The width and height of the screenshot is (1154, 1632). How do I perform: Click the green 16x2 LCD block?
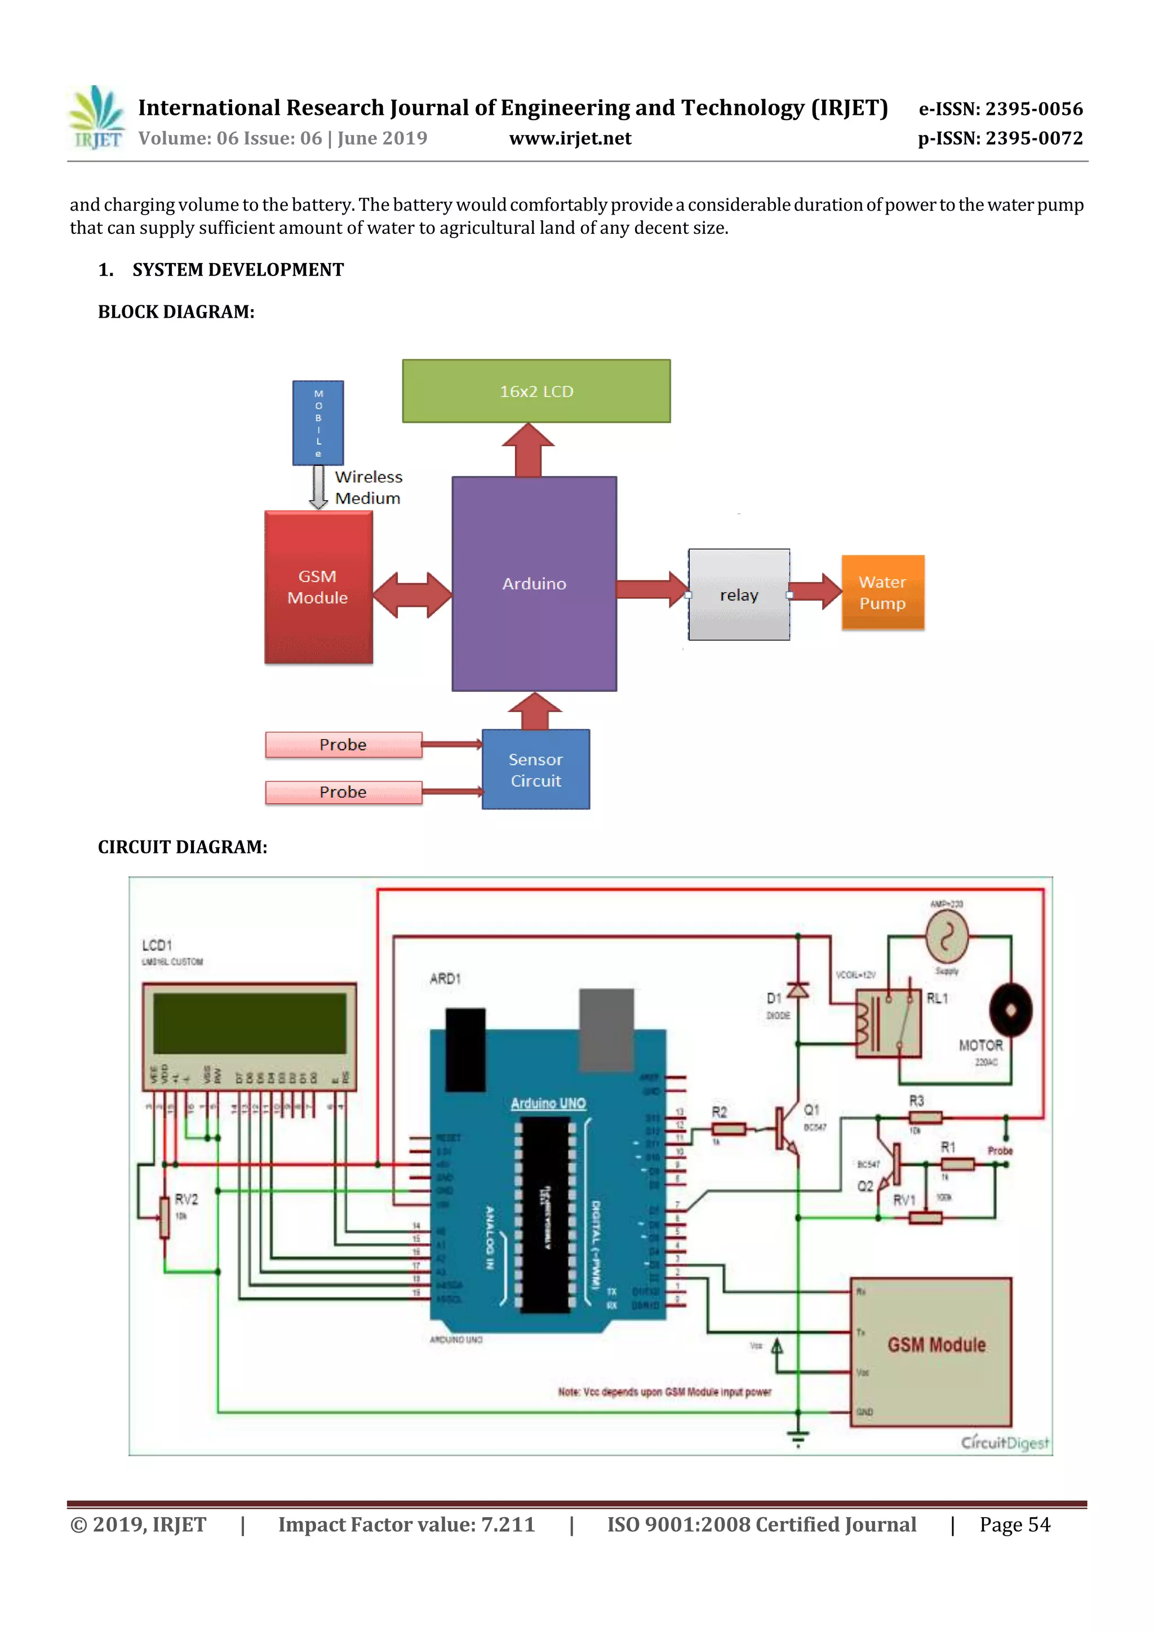[536, 391]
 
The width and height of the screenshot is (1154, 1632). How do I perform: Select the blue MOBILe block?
[318, 423]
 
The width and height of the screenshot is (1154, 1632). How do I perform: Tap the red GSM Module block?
[318, 587]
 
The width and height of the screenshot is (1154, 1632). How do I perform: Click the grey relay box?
[738, 594]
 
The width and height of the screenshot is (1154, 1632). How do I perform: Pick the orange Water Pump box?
[882, 592]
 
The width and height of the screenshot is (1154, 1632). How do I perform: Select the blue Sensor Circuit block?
[535, 769]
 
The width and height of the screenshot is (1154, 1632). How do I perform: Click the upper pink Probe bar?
[343, 744]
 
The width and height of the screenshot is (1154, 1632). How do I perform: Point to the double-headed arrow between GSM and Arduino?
[412, 594]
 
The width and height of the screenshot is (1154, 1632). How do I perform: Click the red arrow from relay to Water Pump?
[815, 591]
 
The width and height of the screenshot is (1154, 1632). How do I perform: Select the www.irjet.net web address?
[570, 139]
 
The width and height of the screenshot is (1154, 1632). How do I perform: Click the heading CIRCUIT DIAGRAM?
[182, 847]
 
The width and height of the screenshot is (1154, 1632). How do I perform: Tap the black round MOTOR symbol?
[1010, 1010]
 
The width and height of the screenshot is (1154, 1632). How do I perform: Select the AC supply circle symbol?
[947, 937]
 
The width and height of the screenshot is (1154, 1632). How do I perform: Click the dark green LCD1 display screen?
[249, 1024]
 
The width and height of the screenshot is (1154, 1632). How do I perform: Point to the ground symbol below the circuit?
[798, 1440]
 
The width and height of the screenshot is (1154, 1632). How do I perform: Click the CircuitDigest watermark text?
[1004, 1442]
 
